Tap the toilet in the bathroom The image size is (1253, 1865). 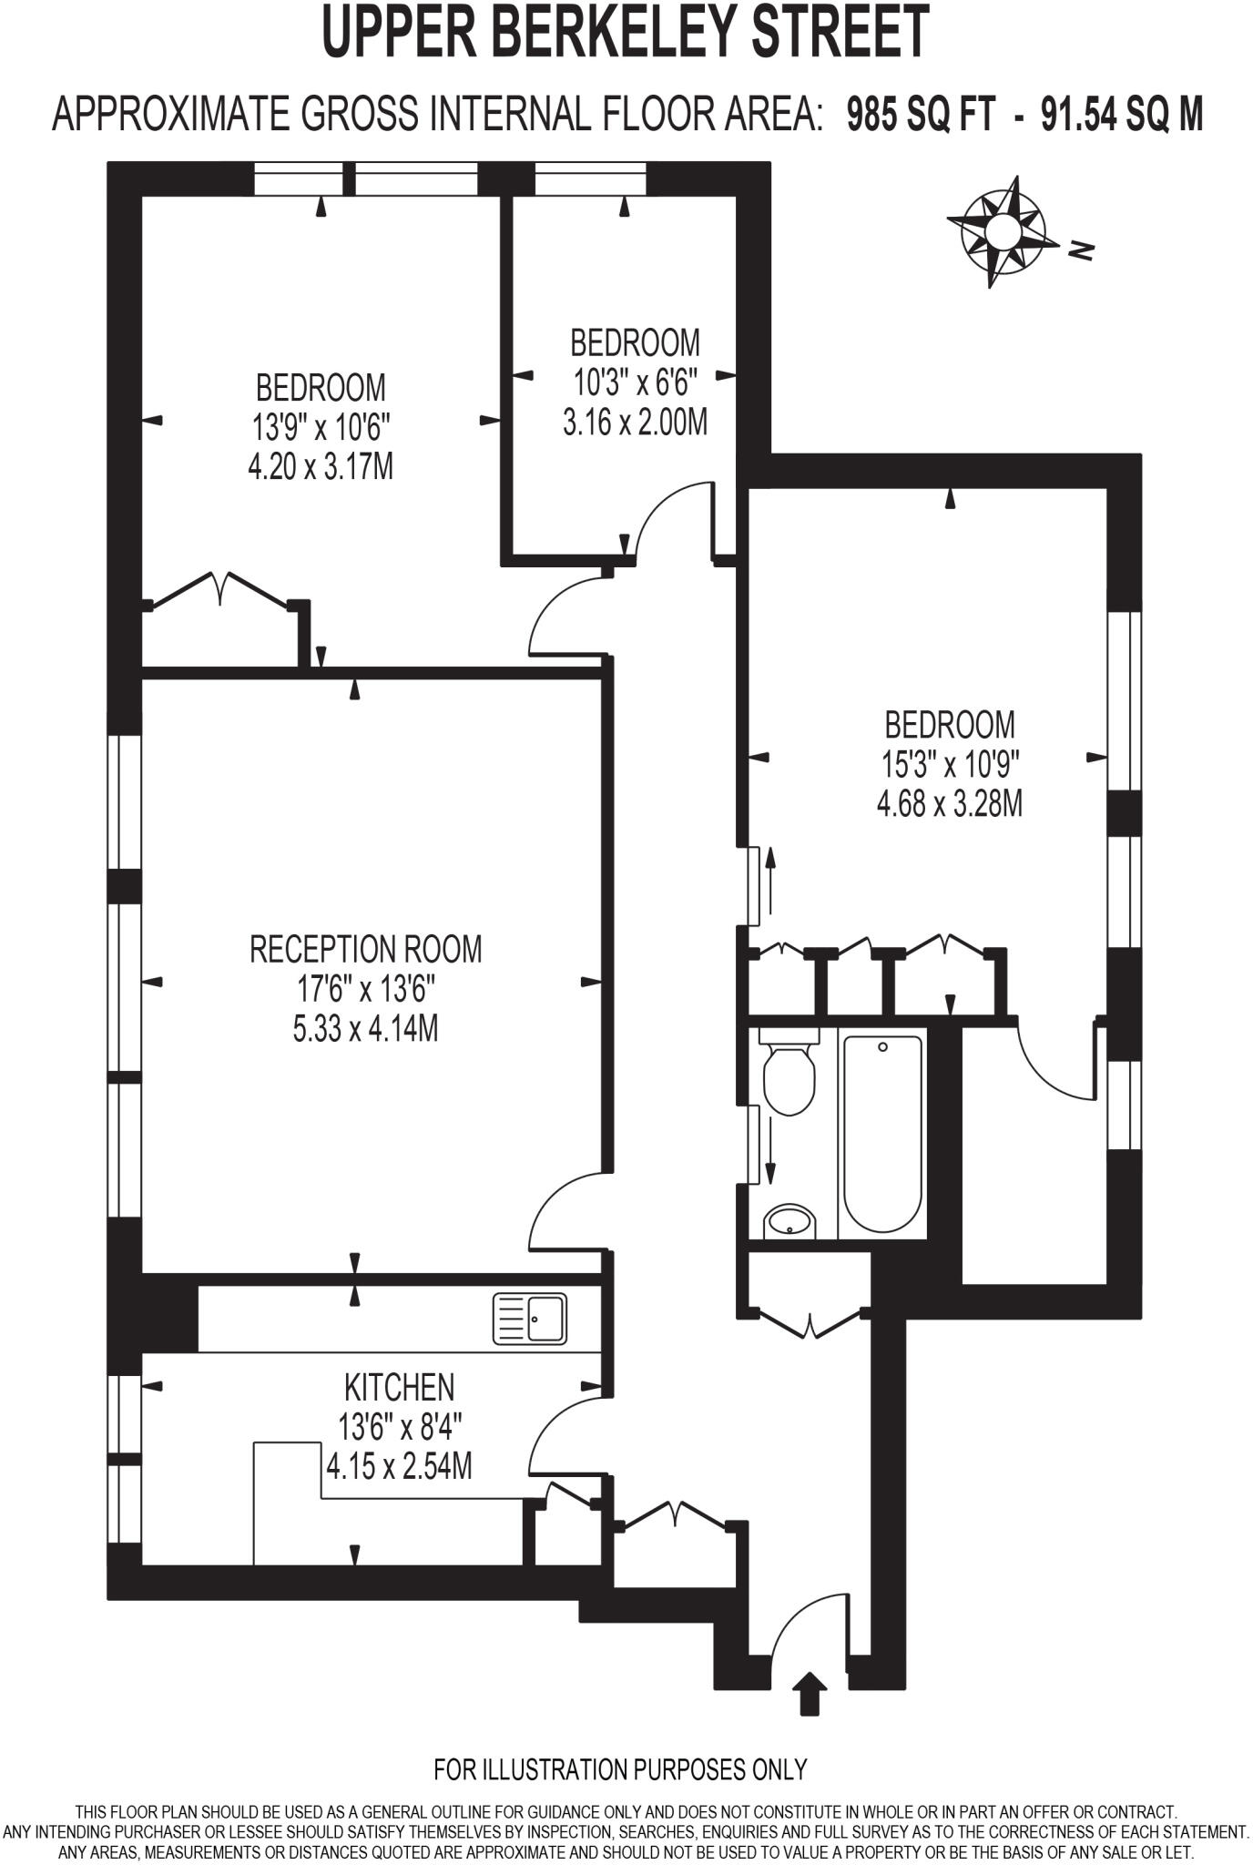coord(787,1075)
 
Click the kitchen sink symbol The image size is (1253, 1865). coord(529,1319)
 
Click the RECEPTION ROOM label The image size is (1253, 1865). coord(365,949)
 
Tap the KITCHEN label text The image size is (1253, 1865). coord(399,1387)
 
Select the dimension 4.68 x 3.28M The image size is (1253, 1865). coord(949,805)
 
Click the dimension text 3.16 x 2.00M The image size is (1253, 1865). coord(635,423)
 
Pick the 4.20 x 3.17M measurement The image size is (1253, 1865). coord(320,467)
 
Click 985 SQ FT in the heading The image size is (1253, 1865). coord(919,116)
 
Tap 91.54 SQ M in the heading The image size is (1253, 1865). coord(1122,116)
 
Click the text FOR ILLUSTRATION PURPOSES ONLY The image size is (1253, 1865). coord(620,1769)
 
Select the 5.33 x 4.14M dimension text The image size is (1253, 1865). coord(365,1029)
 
